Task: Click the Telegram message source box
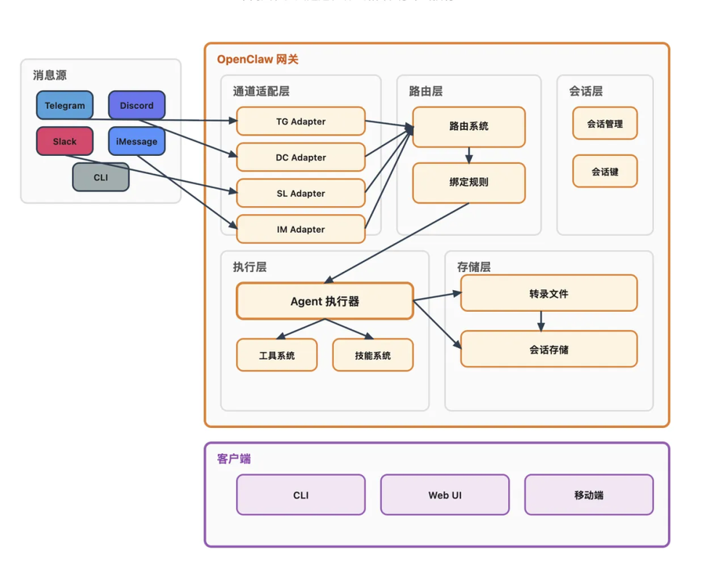point(65,105)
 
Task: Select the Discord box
point(136,105)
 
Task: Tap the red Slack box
point(65,141)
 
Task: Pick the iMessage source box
point(136,141)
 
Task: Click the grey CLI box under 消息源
point(100,177)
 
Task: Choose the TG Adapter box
point(301,121)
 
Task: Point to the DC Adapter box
point(301,157)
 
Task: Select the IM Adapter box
point(301,229)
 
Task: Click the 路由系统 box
point(468,126)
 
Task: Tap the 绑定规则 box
point(468,182)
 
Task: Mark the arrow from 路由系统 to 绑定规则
point(469,154)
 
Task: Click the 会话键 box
point(605,172)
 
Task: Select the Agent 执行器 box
point(325,301)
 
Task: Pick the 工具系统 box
point(277,355)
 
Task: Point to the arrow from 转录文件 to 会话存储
point(541,321)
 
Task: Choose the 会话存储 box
point(549,349)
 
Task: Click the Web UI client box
point(444,495)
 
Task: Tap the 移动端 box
point(589,495)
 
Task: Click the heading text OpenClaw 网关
point(258,59)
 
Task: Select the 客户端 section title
point(234,459)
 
